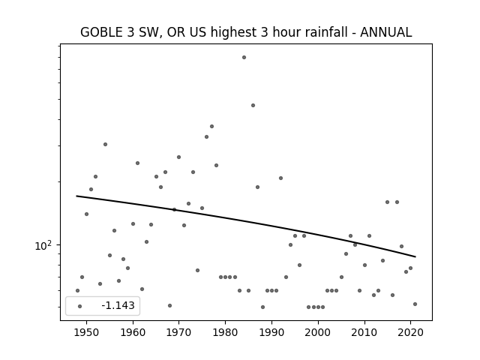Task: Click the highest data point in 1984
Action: click(244, 57)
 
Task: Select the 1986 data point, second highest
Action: click(253, 105)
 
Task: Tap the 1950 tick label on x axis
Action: click(87, 333)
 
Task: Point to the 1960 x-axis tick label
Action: click(133, 333)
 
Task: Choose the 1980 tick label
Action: click(225, 333)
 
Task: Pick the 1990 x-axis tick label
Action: click(271, 333)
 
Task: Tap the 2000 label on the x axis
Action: click(318, 333)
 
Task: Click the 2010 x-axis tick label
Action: click(364, 333)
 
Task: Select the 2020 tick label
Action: click(410, 333)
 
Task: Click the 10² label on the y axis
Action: click(43, 245)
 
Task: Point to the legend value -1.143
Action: click(118, 305)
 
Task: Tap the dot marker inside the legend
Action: click(80, 306)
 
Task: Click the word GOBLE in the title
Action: click(101, 32)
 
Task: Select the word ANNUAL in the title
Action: click(385, 32)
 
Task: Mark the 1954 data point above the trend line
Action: click(105, 144)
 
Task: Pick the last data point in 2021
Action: click(415, 304)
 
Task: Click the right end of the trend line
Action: click(415, 256)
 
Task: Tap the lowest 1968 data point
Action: click(170, 305)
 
